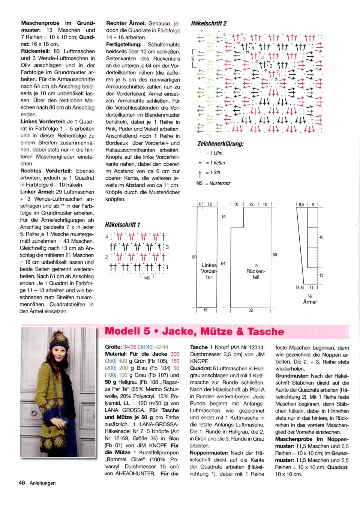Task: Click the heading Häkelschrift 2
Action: [208, 23]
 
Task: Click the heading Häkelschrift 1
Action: [123, 225]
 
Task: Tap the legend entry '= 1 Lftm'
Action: [214, 153]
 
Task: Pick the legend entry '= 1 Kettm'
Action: [215, 163]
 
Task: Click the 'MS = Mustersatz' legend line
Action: [213, 183]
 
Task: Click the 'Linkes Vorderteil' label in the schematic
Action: [209, 271]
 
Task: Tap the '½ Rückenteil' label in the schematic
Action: [256, 271]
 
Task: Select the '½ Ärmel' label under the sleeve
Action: [310, 299]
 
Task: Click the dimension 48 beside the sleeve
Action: [321, 237]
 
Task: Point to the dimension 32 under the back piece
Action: [250, 310]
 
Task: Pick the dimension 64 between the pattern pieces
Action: [223, 263]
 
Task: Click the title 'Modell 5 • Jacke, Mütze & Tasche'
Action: [194, 332]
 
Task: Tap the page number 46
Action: [22, 483]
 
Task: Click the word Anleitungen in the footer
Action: [43, 483]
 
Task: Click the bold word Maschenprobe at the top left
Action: [40, 23]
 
